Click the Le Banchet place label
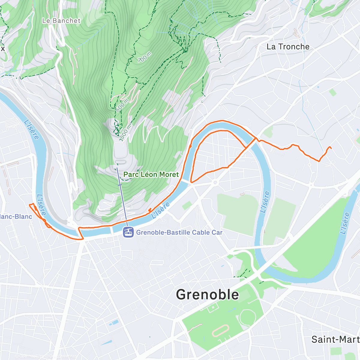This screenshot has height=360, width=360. click(61, 21)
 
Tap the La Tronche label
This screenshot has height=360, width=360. click(288, 47)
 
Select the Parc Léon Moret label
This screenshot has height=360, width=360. click(151, 175)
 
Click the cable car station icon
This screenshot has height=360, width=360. click(128, 232)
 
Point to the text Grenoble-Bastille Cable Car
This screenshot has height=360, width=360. click(179, 232)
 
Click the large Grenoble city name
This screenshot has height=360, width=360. click(207, 295)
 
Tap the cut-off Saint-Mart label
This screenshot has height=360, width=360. click(335, 340)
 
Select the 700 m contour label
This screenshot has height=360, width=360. click(144, 57)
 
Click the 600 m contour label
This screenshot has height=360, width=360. click(122, 105)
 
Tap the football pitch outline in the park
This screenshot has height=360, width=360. click(213, 307)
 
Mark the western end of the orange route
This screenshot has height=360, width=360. click(29, 205)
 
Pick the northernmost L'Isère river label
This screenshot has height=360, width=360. click(31, 130)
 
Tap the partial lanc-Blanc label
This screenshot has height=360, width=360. click(16, 217)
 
